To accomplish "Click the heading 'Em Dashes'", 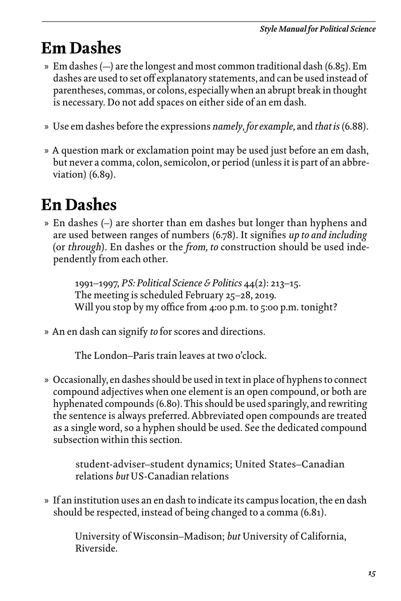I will pos(81,49).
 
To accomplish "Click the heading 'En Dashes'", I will pos(79,205).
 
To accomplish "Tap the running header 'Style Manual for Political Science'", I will pos(317,29).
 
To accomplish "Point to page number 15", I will pos(371,573).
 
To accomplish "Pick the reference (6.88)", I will pos(355,127).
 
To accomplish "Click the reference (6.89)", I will pos(102,175).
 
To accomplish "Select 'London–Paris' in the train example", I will pos(121,356).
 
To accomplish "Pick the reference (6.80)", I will pos(169,404).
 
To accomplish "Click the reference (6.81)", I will pos(312,513).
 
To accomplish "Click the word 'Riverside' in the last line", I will pos(95,549).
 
